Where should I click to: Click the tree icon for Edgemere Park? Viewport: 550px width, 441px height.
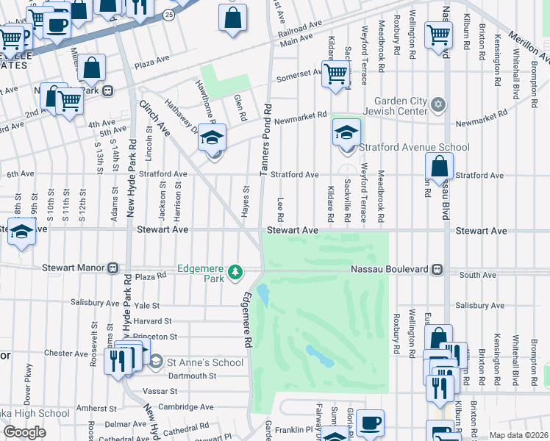(x=235, y=273)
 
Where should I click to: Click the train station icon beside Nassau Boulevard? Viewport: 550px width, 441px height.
(x=438, y=270)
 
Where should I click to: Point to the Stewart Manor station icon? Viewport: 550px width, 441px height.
(x=113, y=268)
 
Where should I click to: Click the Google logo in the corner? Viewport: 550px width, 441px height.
(x=25, y=432)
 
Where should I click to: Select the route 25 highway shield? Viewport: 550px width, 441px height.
(x=168, y=14)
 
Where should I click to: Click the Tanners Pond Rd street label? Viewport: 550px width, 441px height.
(x=266, y=138)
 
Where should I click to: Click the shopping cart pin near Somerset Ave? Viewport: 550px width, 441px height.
(x=335, y=73)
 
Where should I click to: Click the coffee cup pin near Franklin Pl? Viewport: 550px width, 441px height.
(x=370, y=423)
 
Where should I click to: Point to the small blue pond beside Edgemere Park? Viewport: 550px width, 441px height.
(x=263, y=295)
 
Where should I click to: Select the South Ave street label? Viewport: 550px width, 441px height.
(x=478, y=276)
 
